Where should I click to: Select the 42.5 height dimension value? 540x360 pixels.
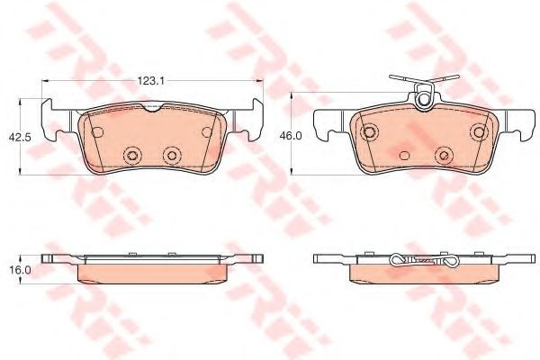click(x=20, y=137)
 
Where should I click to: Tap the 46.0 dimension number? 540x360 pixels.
click(x=291, y=136)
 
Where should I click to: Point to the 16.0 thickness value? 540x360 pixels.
click(x=20, y=270)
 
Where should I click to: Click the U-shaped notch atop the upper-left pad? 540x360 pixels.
click(x=153, y=107)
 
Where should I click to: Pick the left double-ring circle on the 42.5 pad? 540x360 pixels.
click(x=132, y=155)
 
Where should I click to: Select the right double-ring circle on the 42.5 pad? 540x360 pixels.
click(x=172, y=155)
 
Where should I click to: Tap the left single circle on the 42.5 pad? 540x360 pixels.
click(x=97, y=131)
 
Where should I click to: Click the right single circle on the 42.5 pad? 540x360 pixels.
click(x=207, y=131)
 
